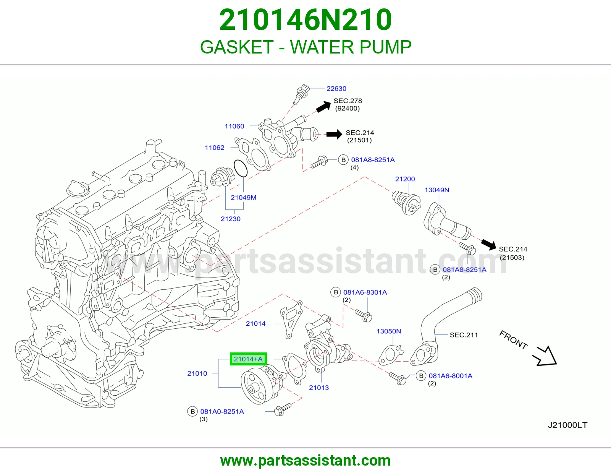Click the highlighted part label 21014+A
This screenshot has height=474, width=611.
point(248,359)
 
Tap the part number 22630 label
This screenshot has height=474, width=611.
point(336,89)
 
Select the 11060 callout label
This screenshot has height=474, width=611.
point(234,126)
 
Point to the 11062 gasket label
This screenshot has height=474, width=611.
point(215,148)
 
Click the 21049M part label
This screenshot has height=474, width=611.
point(244,197)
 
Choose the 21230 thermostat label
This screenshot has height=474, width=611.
point(231,219)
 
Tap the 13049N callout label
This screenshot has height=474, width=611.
point(436,190)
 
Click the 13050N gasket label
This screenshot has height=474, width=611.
point(389,331)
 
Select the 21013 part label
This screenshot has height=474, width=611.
point(319,388)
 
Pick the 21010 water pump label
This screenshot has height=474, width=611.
point(197,373)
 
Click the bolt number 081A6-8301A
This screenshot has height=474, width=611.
point(365,292)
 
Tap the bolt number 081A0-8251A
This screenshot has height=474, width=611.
point(222,412)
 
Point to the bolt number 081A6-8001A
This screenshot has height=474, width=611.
point(451,376)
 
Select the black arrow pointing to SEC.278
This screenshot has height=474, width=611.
point(323,107)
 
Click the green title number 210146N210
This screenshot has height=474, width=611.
point(305,19)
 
